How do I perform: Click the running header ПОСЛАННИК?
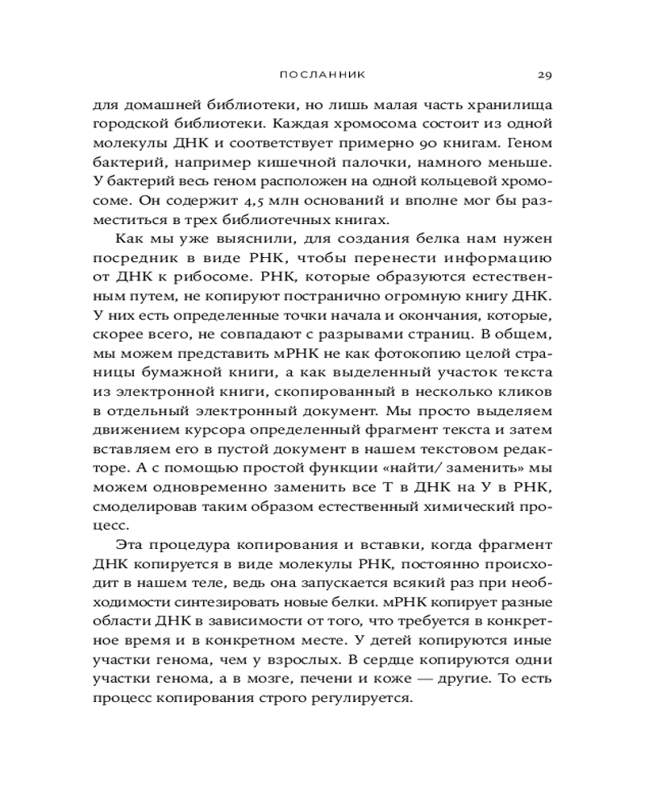click(322, 75)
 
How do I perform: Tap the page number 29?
click(543, 75)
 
